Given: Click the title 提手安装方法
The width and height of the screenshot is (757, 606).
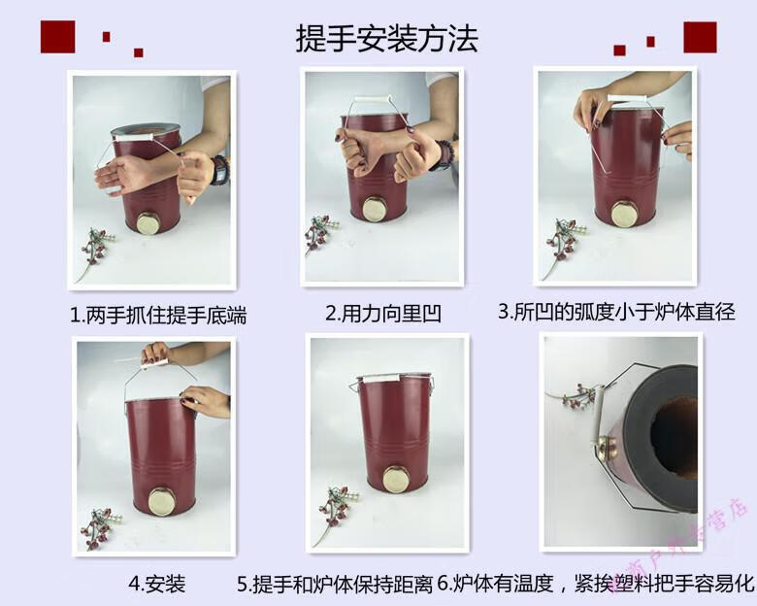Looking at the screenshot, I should [386, 39].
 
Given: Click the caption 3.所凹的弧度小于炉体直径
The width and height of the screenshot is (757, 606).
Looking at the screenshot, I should [616, 312].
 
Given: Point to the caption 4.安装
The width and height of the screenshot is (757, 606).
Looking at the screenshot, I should [156, 584].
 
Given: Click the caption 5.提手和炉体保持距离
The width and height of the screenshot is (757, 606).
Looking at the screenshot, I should [336, 585].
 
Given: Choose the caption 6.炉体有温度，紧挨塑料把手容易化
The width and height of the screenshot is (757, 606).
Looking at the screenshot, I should [596, 584].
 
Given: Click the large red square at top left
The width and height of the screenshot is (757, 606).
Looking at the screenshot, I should [57, 35].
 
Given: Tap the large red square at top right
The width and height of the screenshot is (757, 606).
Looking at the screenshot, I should [700, 36].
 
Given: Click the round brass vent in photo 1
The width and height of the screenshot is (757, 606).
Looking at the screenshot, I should [149, 224].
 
